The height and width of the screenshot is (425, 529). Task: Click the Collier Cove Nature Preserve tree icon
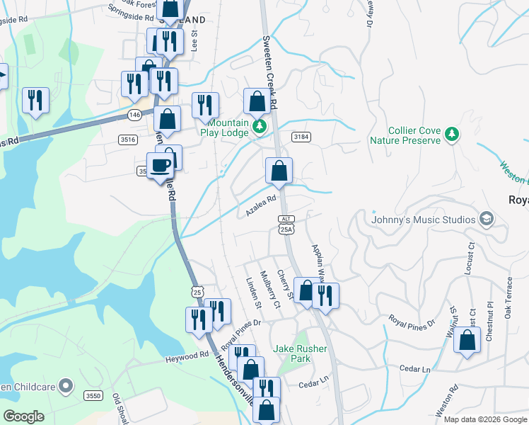tap(452, 134)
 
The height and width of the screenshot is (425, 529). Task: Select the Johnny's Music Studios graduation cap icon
tap(486, 219)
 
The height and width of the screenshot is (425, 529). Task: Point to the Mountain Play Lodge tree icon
tap(260, 127)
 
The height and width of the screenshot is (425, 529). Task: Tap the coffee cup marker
tap(161, 166)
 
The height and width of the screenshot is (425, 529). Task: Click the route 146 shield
tap(135, 114)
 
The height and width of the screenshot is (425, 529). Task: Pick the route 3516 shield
tap(128, 140)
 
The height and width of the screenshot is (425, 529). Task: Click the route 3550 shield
tap(93, 395)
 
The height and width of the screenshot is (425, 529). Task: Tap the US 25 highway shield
tap(197, 292)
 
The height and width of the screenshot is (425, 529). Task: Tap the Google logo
tap(24, 416)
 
